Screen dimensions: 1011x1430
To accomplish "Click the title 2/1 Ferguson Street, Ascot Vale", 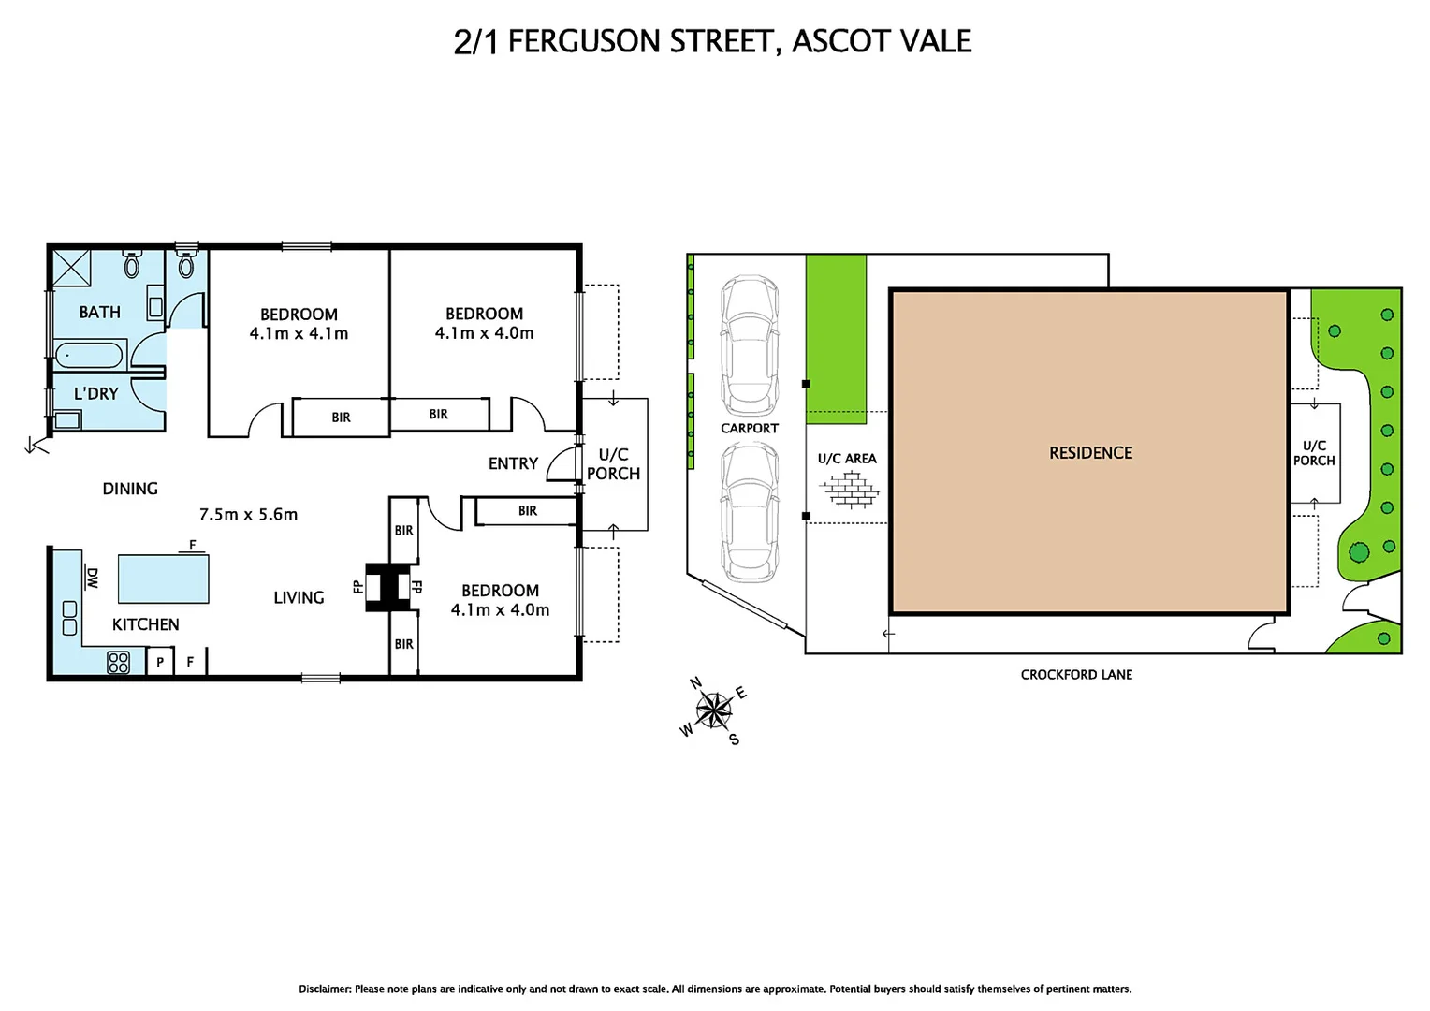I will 712,41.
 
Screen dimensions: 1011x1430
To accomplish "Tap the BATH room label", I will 99,312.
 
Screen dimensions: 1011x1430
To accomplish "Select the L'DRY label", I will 96,393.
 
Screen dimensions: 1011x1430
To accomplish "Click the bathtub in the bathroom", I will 89,356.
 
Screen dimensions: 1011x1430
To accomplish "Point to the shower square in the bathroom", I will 71,268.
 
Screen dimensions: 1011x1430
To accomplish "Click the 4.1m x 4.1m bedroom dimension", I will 299,334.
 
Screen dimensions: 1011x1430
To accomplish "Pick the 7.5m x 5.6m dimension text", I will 248,514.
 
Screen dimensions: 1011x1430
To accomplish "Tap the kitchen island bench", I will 163,579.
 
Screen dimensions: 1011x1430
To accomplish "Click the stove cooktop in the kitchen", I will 118,662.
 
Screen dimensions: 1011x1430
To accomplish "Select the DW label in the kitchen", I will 92,578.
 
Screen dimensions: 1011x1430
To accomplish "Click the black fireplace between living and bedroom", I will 387,588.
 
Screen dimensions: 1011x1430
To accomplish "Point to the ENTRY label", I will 513,463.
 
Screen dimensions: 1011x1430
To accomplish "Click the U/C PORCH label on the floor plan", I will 613,464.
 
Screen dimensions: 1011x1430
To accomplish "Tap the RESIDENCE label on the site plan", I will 1090,453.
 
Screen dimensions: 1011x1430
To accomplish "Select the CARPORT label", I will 749,428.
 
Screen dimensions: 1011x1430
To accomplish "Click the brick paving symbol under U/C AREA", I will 850,489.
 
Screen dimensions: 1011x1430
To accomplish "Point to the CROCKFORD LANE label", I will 1076,674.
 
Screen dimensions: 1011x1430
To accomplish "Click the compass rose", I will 714,711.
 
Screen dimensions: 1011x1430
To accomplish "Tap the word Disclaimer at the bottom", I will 324,989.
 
